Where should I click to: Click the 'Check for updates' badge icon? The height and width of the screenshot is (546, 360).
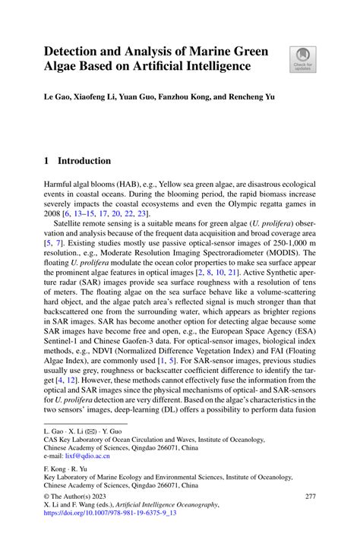point(302,58)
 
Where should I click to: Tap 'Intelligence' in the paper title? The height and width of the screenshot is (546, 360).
point(215,66)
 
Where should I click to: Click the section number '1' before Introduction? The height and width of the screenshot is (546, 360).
point(47,161)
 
